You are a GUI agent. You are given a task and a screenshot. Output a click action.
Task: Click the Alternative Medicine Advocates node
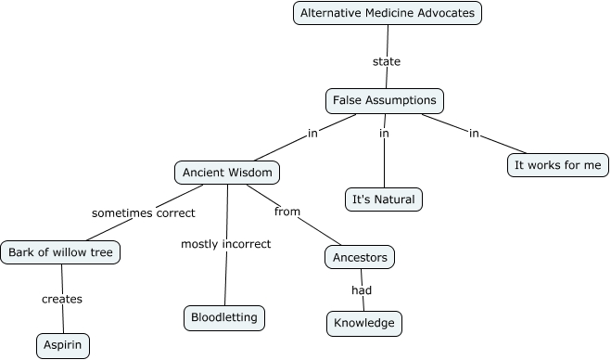coord(388,13)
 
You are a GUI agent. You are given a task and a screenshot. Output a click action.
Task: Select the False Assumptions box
coord(385,99)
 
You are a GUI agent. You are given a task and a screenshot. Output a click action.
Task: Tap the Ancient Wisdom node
coord(227,173)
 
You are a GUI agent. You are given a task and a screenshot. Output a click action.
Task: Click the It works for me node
coord(558,165)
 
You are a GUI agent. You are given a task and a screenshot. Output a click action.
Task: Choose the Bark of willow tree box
coord(61,251)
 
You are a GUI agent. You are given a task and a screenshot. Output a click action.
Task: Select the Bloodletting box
coord(225,317)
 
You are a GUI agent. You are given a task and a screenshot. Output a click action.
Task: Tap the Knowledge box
coord(364,323)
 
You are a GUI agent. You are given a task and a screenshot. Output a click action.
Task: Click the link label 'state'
coord(386,62)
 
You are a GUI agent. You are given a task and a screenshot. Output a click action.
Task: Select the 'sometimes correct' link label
coord(143,212)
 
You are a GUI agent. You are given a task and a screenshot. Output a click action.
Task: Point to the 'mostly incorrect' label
coord(225,244)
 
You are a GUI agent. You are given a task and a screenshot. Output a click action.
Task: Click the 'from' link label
coord(287,212)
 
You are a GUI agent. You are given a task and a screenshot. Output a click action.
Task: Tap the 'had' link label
coord(362,290)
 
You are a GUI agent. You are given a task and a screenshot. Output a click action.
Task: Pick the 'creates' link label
coord(62,299)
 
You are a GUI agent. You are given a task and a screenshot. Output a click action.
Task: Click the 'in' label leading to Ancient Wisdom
coord(312,134)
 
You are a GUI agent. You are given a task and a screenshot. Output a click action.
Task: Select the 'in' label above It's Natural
coord(384,134)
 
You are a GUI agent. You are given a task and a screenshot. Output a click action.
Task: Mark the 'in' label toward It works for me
coord(474,134)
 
